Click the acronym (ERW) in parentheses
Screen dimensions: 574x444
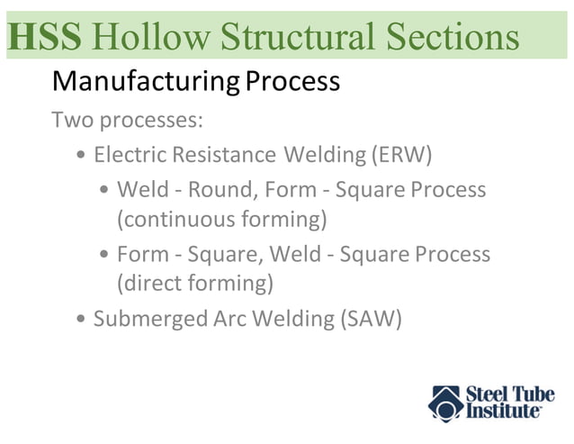[401, 155]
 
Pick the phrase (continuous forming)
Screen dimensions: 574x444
[221, 219]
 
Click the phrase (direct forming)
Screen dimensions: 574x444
[194, 283]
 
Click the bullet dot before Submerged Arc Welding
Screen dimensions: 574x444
[82, 320]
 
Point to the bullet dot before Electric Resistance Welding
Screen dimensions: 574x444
[82, 156]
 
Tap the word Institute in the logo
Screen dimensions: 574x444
[503, 412]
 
